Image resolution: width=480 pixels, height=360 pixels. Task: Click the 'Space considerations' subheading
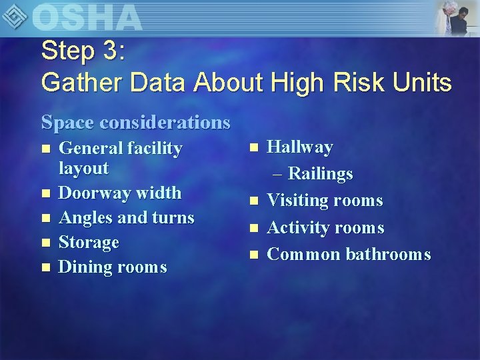point(136,122)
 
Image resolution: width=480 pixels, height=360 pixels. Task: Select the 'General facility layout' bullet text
point(120,158)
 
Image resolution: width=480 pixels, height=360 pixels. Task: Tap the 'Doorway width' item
point(120,193)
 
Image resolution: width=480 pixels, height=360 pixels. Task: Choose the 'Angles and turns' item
point(127,217)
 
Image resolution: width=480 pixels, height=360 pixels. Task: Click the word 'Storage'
point(89,242)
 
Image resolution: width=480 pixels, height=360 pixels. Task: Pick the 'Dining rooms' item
point(113,267)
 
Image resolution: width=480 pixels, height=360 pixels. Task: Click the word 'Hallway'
point(299,147)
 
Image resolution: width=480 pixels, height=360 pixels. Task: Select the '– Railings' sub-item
point(313,174)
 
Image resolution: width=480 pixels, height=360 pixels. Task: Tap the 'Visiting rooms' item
point(325,201)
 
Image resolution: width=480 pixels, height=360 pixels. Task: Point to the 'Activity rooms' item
point(325,227)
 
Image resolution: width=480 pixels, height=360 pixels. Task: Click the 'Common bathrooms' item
point(349,254)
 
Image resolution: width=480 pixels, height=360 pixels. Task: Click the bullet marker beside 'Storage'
point(45,243)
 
